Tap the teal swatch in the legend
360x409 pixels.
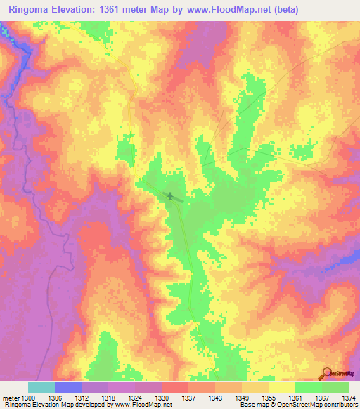pos(41,387)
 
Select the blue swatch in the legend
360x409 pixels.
pos(68,387)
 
